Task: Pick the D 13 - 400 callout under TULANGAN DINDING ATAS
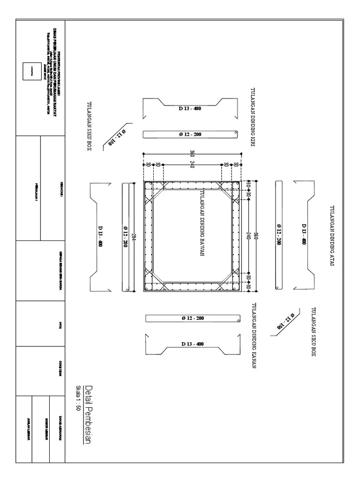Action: pyautogui.click(x=304, y=234)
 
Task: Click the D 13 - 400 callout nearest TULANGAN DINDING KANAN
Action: pyautogui.click(x=192, y=344)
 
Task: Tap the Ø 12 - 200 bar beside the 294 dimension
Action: pyautogui.click(x=125, y=237)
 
